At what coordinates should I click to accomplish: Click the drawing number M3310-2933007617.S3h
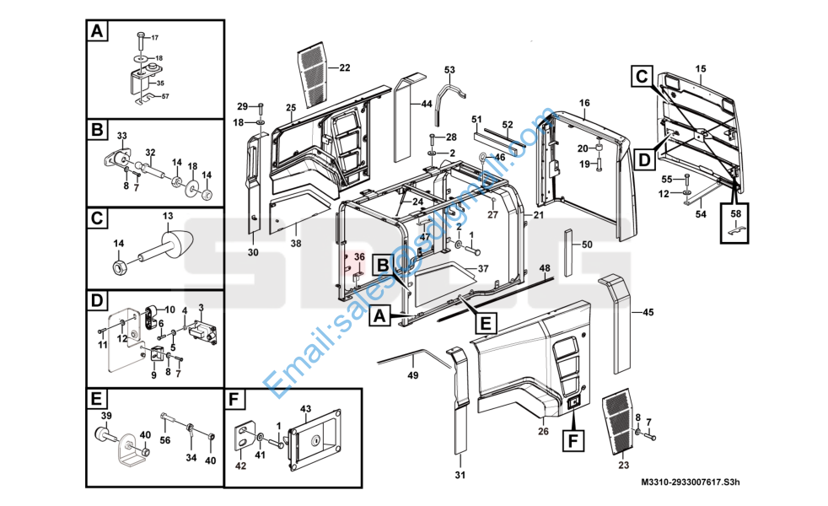pos(690,482)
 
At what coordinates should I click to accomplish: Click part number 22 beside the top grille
pos(344,67)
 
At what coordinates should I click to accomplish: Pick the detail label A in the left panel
pos(98,33)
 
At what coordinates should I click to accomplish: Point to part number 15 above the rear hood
pos(700,67)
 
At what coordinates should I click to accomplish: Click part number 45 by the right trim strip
pos(648,313)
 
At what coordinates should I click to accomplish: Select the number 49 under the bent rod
pos(413,375)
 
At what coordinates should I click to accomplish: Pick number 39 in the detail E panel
pos(107,417)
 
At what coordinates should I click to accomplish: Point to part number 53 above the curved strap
pos(449,69)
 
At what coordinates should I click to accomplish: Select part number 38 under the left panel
pos(295,243)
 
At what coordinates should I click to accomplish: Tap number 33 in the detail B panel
pos(121,136)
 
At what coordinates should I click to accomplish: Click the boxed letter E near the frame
pos(485,321)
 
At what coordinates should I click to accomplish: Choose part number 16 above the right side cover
pos(584,102)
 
